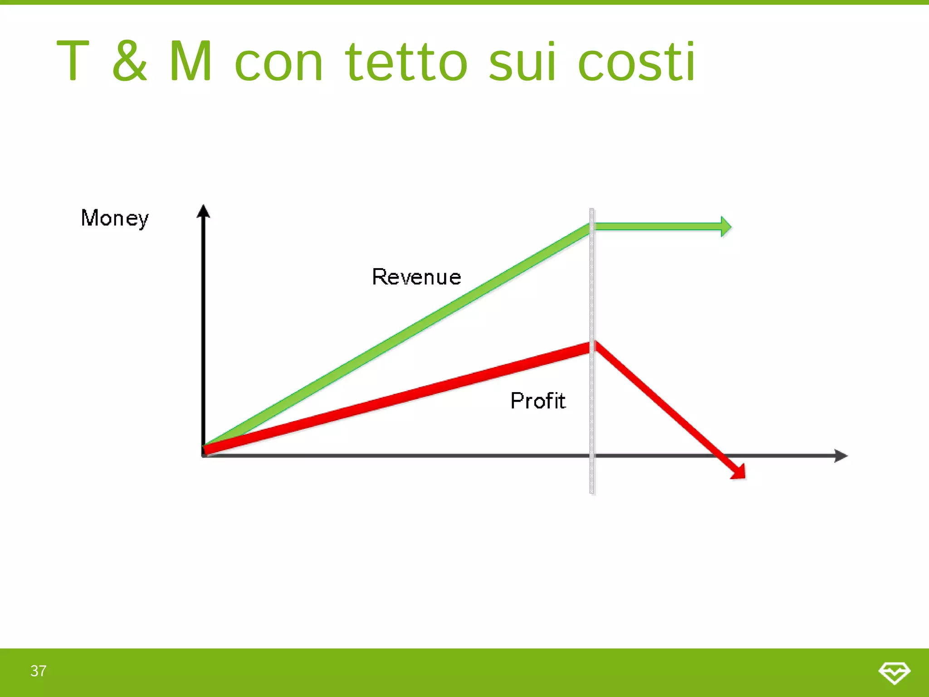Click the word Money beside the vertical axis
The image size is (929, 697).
point(115,218)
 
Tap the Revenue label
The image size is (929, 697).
point(416,277)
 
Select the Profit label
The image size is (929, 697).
point(538,401)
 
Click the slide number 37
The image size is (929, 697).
point(39,671)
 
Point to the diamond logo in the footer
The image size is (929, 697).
point(894,672)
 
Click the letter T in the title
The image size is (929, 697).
point(73,61)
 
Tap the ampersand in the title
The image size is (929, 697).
point(130,61)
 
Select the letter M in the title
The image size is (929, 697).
point(191,61)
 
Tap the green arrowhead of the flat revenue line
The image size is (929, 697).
point(726,226)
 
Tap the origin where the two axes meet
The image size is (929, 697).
point(204,455)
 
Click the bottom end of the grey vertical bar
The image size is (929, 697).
point(592,491)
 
